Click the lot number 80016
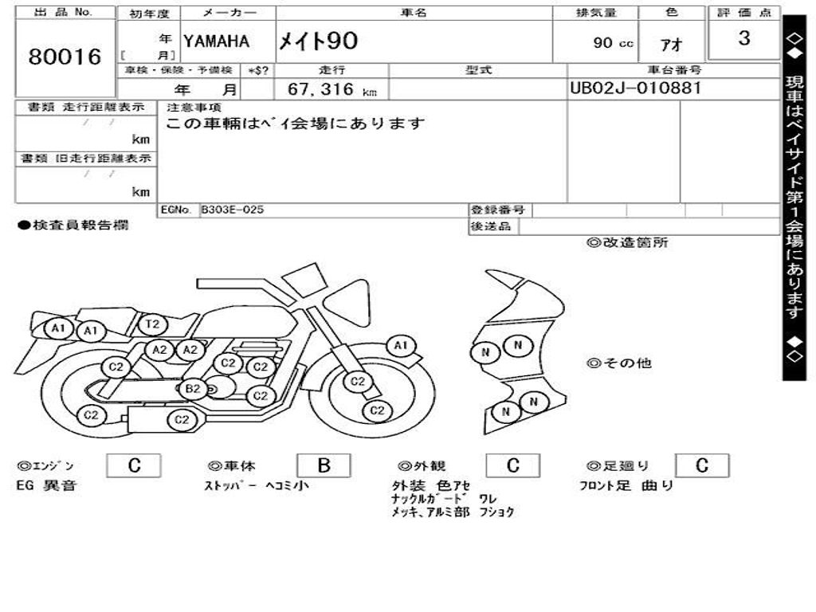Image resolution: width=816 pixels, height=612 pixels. [x=65, y=57]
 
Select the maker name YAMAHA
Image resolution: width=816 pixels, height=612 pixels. [x=216, y=41]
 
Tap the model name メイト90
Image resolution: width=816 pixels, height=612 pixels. [x=318, y=41]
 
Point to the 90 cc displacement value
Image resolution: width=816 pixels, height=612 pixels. [x=613, y=43]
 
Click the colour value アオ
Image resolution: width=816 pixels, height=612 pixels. [x=671, y=45]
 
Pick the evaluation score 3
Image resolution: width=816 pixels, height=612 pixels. [x=743, y=38]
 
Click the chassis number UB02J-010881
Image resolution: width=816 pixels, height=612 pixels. [x=635, y=88]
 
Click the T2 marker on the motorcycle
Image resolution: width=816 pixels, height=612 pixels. [x=153, y=324]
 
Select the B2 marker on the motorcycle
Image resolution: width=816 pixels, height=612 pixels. [x=192, y=389]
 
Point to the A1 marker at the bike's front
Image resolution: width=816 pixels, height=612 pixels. [x=401, y=345]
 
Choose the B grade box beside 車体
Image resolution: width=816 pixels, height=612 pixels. [x=324, y=466]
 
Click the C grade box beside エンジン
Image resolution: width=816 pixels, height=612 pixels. [x=134, y=466]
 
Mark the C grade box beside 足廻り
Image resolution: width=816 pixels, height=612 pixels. [x=701, y=466]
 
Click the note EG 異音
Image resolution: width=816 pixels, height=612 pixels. [x=47, y=485]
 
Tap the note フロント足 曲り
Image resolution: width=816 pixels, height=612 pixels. [x=626, y=485]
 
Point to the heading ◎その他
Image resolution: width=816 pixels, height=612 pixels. [x=619, y=363]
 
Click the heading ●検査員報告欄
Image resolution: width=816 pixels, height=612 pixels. [x=73, y=226]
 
